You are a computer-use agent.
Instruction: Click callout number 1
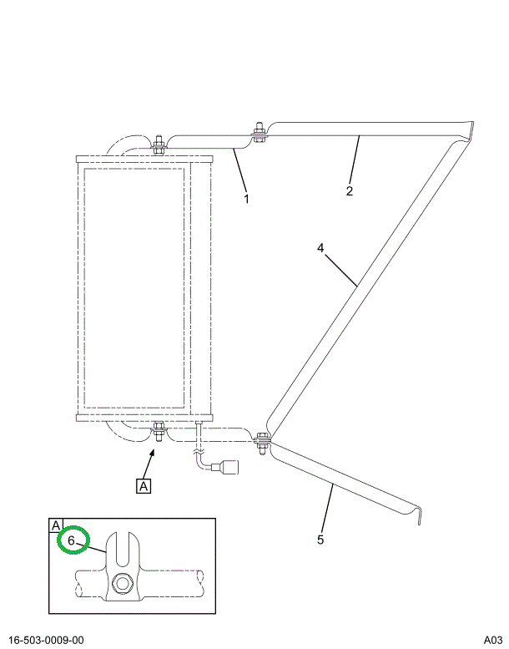coord(246,199)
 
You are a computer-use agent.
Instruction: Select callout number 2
coord(350,191)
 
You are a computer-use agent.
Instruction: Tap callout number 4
coord(320,247)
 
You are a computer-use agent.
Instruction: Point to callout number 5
coord(320,540)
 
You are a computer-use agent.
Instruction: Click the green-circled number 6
coord(72,540)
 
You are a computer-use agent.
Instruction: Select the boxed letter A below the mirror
coord(144,484)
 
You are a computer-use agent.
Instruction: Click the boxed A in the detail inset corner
coord(56,525)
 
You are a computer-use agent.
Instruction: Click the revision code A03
coord(492,640)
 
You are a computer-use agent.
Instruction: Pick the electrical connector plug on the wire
coord(226,467)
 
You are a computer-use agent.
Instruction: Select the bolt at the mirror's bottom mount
coord(158,432)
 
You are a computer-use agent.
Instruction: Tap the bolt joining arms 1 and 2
coord(260,134)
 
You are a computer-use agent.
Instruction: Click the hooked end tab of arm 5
coord(418,514)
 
